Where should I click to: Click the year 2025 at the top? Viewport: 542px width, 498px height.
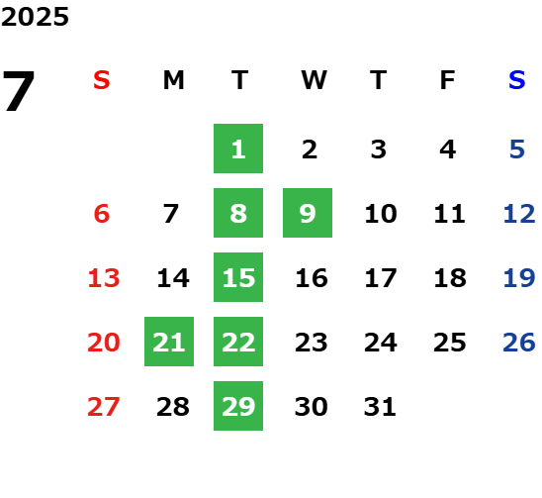pos(35,17)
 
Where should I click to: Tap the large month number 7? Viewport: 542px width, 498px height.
pos(19,91)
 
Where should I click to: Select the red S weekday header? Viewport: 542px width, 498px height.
pos(102,80)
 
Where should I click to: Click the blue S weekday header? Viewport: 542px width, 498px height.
pos(516,80)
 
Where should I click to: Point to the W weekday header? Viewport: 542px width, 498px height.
pos(314,80)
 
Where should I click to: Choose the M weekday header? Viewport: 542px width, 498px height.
pos(173,80)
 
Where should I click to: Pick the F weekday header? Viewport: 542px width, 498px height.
pos(448,80)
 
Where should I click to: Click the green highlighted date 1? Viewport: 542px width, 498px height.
pos(238,149)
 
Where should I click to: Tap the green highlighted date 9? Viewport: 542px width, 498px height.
pos(308,213)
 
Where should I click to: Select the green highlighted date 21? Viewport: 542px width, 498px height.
pos(169,342)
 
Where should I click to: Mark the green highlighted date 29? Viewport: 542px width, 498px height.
pos(238,406)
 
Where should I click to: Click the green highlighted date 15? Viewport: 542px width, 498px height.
pos(238,277)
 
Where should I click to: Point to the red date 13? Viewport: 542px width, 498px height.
pos(104,278)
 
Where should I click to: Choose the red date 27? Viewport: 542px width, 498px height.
pos(104,407)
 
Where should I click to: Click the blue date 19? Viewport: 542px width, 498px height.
pos(519,278)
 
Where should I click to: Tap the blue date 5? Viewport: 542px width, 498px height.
pos(517,149)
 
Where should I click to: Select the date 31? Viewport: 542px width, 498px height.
pos(380,407)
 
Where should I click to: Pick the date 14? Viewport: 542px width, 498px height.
pos(173,278)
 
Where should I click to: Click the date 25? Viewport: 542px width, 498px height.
pos(450,343)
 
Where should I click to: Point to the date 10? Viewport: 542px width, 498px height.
pos(381,214)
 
